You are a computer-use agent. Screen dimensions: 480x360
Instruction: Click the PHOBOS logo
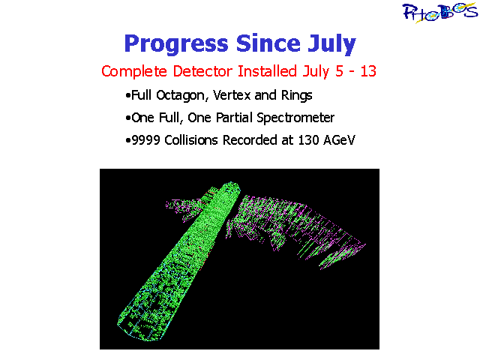440,13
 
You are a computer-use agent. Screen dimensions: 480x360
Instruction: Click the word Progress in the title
176,44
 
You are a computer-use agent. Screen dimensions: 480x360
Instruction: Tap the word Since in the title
268,43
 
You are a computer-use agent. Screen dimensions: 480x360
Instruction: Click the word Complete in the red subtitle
134,72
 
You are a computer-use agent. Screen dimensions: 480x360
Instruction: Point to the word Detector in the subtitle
202,71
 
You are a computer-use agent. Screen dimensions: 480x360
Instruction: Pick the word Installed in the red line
267,71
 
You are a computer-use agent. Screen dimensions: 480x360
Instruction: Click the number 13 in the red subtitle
368,71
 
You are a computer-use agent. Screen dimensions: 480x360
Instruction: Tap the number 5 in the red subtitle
339,71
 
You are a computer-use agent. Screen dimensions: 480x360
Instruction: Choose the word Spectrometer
295,118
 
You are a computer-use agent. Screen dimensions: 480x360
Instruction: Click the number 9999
145,140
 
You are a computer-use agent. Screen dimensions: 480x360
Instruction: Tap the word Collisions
191,140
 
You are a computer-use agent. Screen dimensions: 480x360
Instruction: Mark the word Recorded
250,140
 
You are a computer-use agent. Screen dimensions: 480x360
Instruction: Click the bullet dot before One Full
128,118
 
